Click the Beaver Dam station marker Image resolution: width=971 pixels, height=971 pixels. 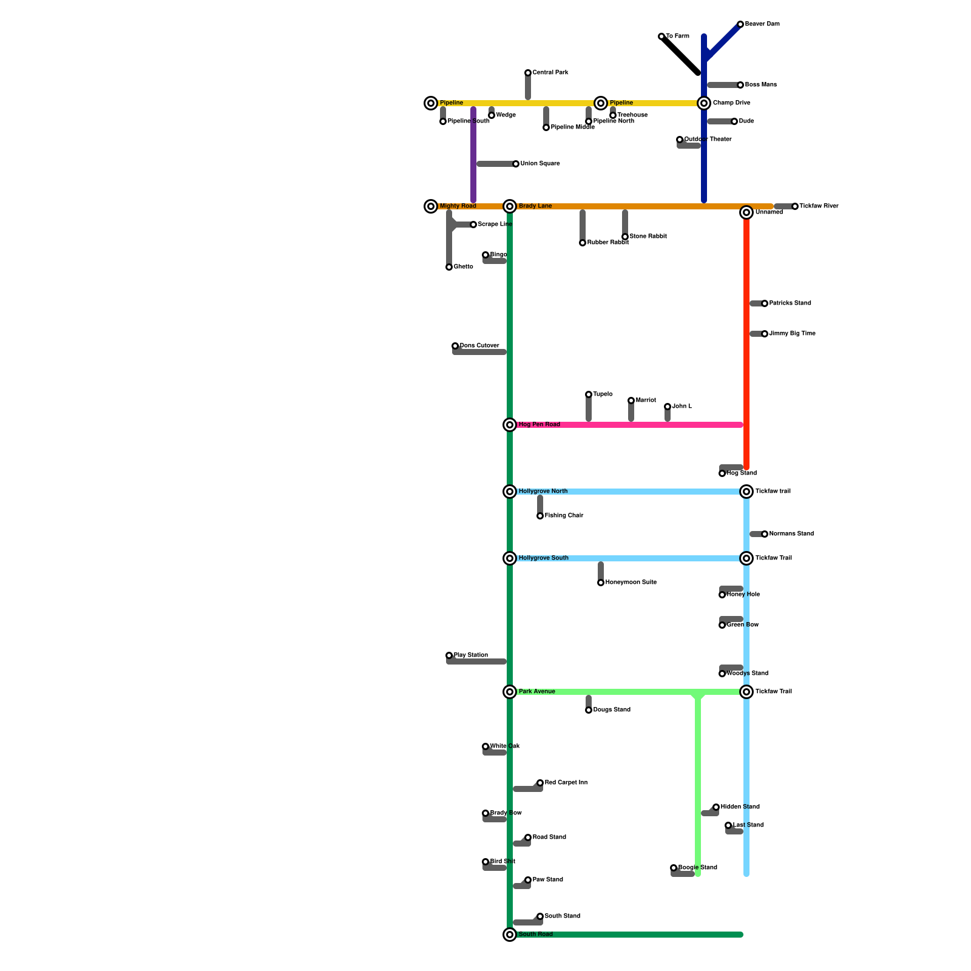(x=740, y=24)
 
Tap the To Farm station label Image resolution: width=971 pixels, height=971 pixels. (x=677, y=36)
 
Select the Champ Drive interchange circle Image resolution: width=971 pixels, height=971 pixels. (x=704, y=103)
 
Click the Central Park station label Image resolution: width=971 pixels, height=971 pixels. (x=550, y=73)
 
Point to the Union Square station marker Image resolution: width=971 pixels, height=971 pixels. (x=516, y=164)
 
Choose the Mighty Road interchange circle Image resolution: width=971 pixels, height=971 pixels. (x=431, y=206)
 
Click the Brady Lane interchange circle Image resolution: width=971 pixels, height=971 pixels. (x=510, y=206)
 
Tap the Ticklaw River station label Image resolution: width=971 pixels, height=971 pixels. (x=819, y=206)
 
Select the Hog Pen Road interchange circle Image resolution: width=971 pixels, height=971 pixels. (x=510, y=425)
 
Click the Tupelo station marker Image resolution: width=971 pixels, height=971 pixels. (x=589, y=394)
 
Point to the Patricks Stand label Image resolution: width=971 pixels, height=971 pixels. (x=790, y=303)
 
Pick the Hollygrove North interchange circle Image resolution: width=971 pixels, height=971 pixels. (x=510, y=492)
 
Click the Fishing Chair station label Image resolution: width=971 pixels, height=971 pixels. (x=564, y=516)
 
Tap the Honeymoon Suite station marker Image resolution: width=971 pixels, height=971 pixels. (x=601, y=583)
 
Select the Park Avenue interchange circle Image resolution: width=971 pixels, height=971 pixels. (x=510, y=692)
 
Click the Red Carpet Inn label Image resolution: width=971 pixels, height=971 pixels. (x=566, y=783)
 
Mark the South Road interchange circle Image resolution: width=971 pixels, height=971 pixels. (x=510, y=935)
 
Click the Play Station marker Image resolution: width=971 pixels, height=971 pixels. (x=449, y=655)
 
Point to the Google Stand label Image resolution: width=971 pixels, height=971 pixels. (x=697, y=868)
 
